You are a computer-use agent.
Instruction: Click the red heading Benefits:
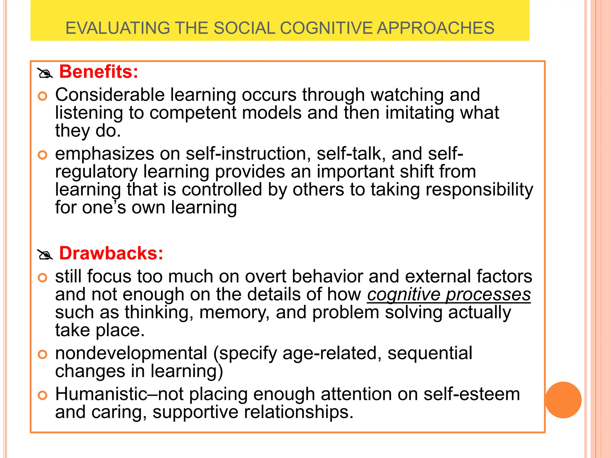[99, 72]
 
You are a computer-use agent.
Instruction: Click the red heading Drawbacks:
[111, 253]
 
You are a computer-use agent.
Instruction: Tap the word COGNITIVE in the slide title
[326, 28]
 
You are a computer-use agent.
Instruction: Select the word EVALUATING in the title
[118, 28]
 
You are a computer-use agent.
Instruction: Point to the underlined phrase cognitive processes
[449, 295]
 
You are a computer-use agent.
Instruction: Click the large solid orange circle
[563, 400]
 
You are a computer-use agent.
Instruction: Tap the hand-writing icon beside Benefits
[45, 73]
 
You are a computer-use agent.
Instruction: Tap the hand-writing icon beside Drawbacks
[45, 255]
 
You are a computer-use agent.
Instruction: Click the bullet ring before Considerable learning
[43, 96]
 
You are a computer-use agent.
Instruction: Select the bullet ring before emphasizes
[43, 155]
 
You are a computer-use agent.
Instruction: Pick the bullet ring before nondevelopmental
[43, 355]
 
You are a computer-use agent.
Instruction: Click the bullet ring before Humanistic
[43, 395]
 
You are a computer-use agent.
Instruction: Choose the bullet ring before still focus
[43, 278]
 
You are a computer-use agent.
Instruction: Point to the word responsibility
[479, 190]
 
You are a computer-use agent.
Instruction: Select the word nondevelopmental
[131, 353]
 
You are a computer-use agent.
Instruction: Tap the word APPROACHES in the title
[435, 28]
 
